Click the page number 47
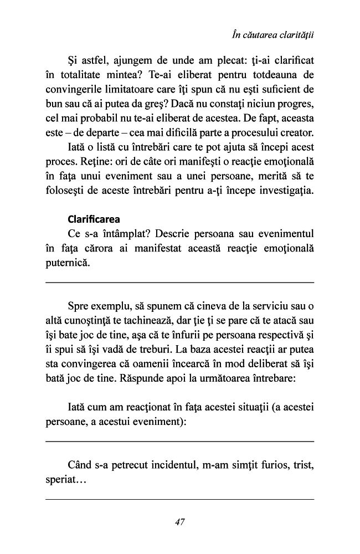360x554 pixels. click(179, 521)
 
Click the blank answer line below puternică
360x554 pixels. click(179, 283)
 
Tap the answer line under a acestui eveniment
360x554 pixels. click(179, 441)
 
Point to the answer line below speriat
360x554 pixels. click(179, 499)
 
